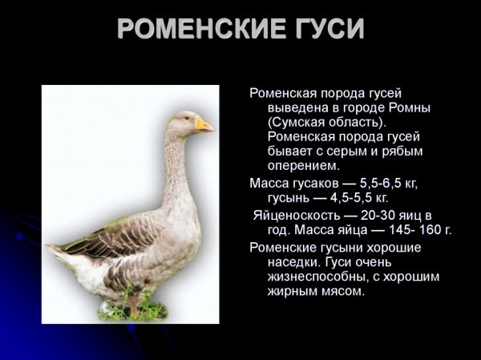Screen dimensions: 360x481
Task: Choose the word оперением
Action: pyautogui.click(x=305, y=166)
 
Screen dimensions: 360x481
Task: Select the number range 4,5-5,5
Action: pyautogui.click(x=346, y=198)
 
